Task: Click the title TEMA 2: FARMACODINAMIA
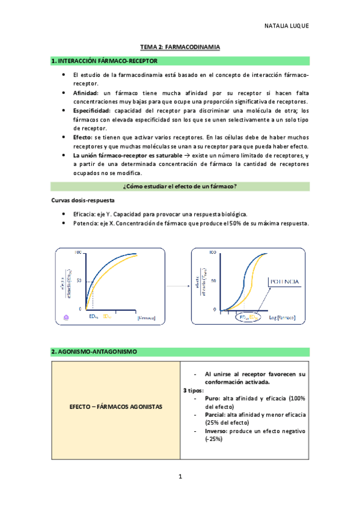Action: click(180, 46)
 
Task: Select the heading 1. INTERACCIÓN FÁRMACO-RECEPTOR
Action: click(105, 61)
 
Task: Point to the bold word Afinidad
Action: click(85, 94)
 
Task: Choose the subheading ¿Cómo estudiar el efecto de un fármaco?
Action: click(180, 187)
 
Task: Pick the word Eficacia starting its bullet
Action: click(85, 214)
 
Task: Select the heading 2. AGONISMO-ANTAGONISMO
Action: click(94, 351)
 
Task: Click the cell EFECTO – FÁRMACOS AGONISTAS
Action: click(116, 407)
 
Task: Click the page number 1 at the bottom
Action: click(180, 477)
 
